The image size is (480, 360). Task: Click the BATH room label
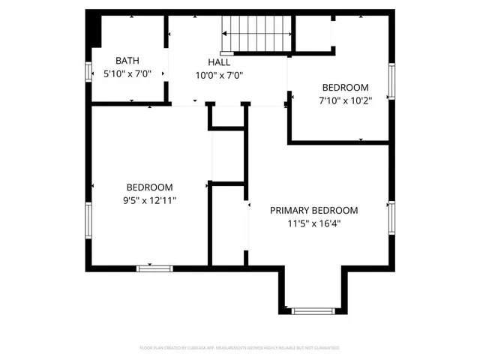[x=127, y=61]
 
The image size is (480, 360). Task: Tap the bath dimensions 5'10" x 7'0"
[x=127, y=74]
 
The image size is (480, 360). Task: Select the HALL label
[x=220, y=61]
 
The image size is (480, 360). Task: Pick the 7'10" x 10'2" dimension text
[x=344, y=100]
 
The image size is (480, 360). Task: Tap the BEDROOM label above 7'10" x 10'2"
[x=345, y=87]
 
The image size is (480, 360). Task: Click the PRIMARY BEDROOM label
[x=313, y=210]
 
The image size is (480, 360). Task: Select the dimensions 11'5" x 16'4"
[x=313, y=223]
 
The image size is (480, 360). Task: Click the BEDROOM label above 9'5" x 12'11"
[x=149, y=187]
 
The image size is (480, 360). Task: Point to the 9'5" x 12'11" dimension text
[x=149, y=200]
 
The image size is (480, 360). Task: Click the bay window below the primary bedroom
[x=313, y=310]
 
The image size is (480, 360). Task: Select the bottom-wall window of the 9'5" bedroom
[x=154, y=267]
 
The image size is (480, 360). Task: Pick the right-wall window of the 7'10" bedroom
[x=391, y=81]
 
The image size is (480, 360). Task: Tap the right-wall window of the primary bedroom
[x=391, y=217]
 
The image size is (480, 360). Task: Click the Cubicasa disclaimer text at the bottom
[x=240, y=349]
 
